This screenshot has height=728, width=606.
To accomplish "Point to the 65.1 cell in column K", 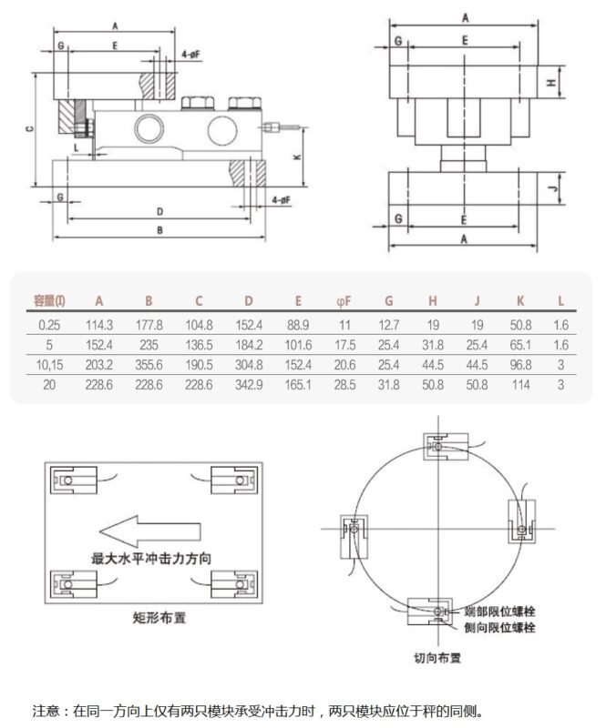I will (x=519, y=344).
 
